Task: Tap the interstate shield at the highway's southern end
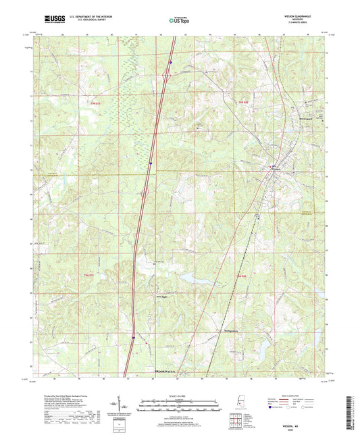point(134,334)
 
